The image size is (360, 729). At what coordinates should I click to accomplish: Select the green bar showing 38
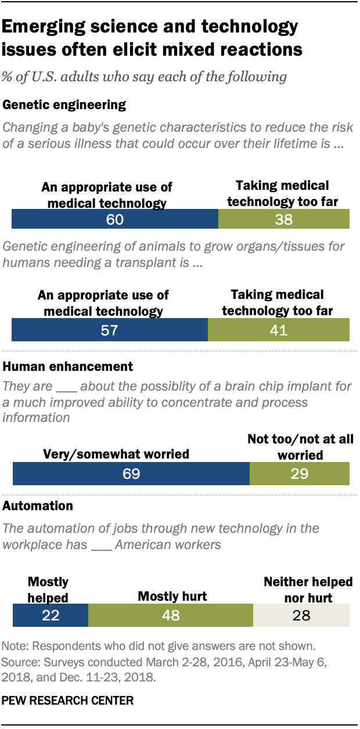pos(283,220)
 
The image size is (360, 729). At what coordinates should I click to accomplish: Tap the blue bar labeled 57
pos(110,331)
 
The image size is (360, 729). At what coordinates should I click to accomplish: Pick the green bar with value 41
pos(278,331)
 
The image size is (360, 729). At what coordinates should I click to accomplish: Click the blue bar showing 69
pos(131,474)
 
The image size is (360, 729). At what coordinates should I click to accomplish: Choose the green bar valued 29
pos(299,474)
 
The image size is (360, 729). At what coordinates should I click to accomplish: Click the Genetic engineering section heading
pos(64,105)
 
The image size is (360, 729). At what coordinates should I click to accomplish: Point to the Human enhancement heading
pos(68,367)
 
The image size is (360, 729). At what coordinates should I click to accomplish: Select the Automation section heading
pos(38,506)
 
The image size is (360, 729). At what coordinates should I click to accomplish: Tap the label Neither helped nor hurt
pos(308,589)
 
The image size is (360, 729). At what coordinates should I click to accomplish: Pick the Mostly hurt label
pos(172,596)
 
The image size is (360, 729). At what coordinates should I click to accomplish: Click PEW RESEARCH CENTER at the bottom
pos(67,701)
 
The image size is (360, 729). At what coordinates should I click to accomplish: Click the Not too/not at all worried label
pos(300,447)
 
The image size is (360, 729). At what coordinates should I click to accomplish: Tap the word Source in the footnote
pos(19,661)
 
